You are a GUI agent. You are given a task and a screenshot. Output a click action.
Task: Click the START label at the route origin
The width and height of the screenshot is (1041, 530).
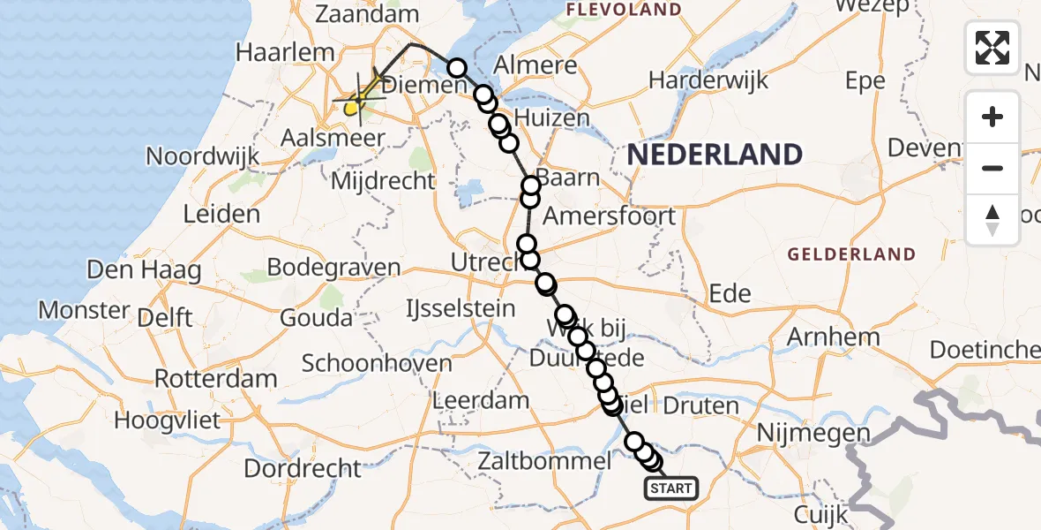pyautogui.click(x=671, y=488)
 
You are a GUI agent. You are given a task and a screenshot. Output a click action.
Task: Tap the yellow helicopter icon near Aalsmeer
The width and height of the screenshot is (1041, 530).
pyautogui.click(x=353, y=108)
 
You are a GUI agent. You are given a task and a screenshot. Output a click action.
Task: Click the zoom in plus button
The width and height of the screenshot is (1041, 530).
pyautogui.click(x=992, y=117)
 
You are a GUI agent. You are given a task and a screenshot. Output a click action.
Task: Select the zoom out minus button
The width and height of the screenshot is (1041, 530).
pyautogui.click(x=992, y=168)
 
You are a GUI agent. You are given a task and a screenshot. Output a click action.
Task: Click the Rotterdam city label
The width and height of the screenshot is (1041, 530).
pyautogui.click(x=215, y=379)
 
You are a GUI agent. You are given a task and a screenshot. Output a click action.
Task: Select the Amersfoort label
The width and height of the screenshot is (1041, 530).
pyautogui.click(x=609, y=216)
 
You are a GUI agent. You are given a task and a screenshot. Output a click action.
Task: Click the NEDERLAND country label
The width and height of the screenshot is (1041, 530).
pyautogui.click(x=715, y=155)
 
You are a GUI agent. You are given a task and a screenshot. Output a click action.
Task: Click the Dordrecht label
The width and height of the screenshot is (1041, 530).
pyautogui.click(x=303, y=468)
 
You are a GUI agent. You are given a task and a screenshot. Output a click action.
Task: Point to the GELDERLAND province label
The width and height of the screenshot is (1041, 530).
pyautogui.click(x=851, y=254)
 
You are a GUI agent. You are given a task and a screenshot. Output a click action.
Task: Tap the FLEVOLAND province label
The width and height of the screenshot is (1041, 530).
pyautogui.click(x=624, y=10)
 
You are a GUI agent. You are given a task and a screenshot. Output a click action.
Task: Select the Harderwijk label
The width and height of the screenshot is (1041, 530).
pyautogui.click(x=708, y=79)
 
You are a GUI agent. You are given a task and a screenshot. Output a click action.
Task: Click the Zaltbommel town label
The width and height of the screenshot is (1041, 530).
pyautogui.click(x=543, y=461)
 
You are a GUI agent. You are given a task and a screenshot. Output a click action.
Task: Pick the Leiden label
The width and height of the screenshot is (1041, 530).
pyautogui.click(x=221, y=213)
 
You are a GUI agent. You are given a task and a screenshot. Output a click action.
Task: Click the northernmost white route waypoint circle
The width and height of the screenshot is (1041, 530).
pyautogui.click(x=457, y=68)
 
